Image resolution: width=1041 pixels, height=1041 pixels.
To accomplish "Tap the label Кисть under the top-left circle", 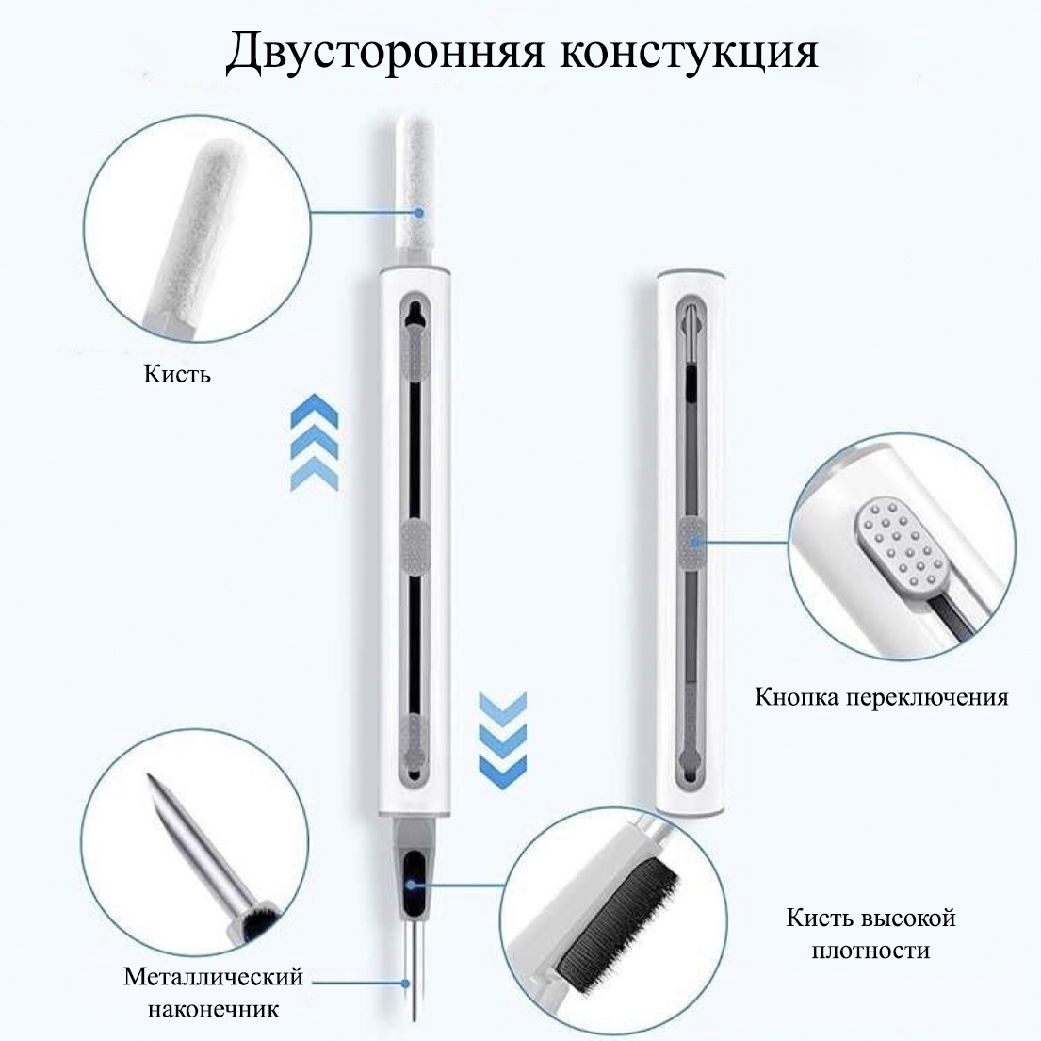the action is [177, 374].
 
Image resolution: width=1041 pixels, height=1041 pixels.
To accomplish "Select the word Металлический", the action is [213, 977].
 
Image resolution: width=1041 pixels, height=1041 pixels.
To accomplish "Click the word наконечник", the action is [213, 1010].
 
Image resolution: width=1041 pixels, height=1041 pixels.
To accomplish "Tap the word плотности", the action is [870, 951].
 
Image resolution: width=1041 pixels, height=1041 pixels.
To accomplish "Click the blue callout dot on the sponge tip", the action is [418, 213].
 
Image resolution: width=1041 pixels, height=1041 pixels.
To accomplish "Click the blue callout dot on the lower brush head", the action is [412, 885].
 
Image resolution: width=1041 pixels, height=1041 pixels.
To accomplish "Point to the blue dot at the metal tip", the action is [406, 984].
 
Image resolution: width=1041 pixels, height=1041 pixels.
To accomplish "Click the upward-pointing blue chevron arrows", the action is [315, 442].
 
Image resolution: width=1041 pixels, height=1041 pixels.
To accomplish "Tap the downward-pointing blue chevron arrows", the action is [502, 733].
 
